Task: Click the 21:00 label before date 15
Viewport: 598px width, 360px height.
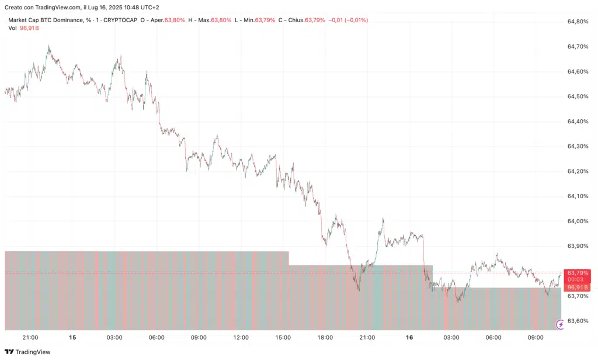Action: point(30,338)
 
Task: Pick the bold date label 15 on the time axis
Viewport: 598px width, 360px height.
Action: point(72,338)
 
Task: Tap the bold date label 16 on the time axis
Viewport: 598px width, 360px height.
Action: point(409,338)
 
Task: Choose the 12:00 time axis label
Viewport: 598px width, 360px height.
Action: point(241,338)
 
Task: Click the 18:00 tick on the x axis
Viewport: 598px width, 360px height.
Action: point(325,338)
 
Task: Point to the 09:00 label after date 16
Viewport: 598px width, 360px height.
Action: point(536,338)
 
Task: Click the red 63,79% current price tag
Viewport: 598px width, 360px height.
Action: point(578,272)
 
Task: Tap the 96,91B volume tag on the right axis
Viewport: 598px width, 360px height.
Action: point(578,288)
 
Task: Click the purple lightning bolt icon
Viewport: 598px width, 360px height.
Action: point(561,324)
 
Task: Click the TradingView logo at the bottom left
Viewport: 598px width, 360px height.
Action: point(27,352)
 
